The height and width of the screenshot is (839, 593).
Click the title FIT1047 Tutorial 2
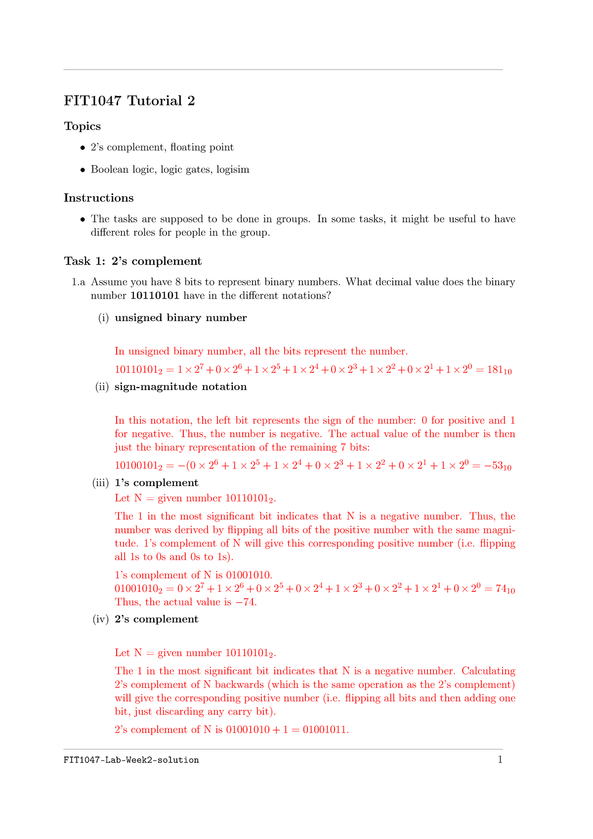point(129,101)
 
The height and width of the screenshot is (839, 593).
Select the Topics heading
point(83,127)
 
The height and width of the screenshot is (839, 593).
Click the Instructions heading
point(99,198)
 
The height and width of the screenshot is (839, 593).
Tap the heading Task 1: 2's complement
point(133,262)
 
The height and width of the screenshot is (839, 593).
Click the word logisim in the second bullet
point(233,170)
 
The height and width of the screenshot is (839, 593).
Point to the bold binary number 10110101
point(155,296)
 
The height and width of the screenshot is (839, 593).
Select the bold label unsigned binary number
point(180,318)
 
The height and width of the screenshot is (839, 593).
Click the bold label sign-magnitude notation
point(180,387)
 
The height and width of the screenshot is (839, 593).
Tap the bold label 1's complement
point(156,483)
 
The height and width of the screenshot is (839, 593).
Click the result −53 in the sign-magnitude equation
point(497,466)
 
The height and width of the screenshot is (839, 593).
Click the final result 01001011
point(325,730)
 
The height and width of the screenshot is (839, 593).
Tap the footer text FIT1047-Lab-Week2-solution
point(131,760)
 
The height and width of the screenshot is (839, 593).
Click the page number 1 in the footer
point(500,759)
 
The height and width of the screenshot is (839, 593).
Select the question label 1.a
point(78,282)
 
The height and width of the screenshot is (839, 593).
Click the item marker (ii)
point(102,387)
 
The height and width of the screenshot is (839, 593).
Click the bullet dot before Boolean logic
point(83,170)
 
